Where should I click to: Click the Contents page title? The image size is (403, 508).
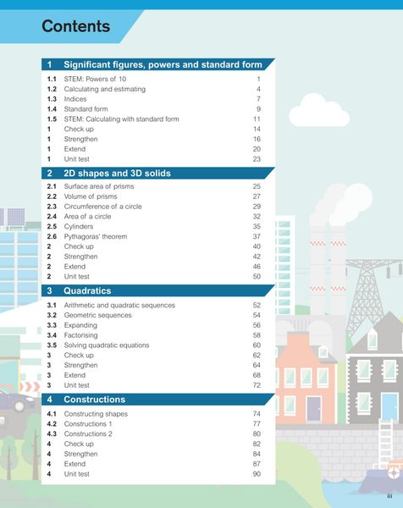[76, 26]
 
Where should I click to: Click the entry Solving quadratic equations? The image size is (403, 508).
[106, 345]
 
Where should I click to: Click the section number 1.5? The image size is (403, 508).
[52, 119]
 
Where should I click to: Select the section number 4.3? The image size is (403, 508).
[52, 433]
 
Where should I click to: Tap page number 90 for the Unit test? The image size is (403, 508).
[256, 474]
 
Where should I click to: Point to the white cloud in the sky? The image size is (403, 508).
[306, 112]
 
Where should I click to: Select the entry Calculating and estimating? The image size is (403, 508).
[104, 89]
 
